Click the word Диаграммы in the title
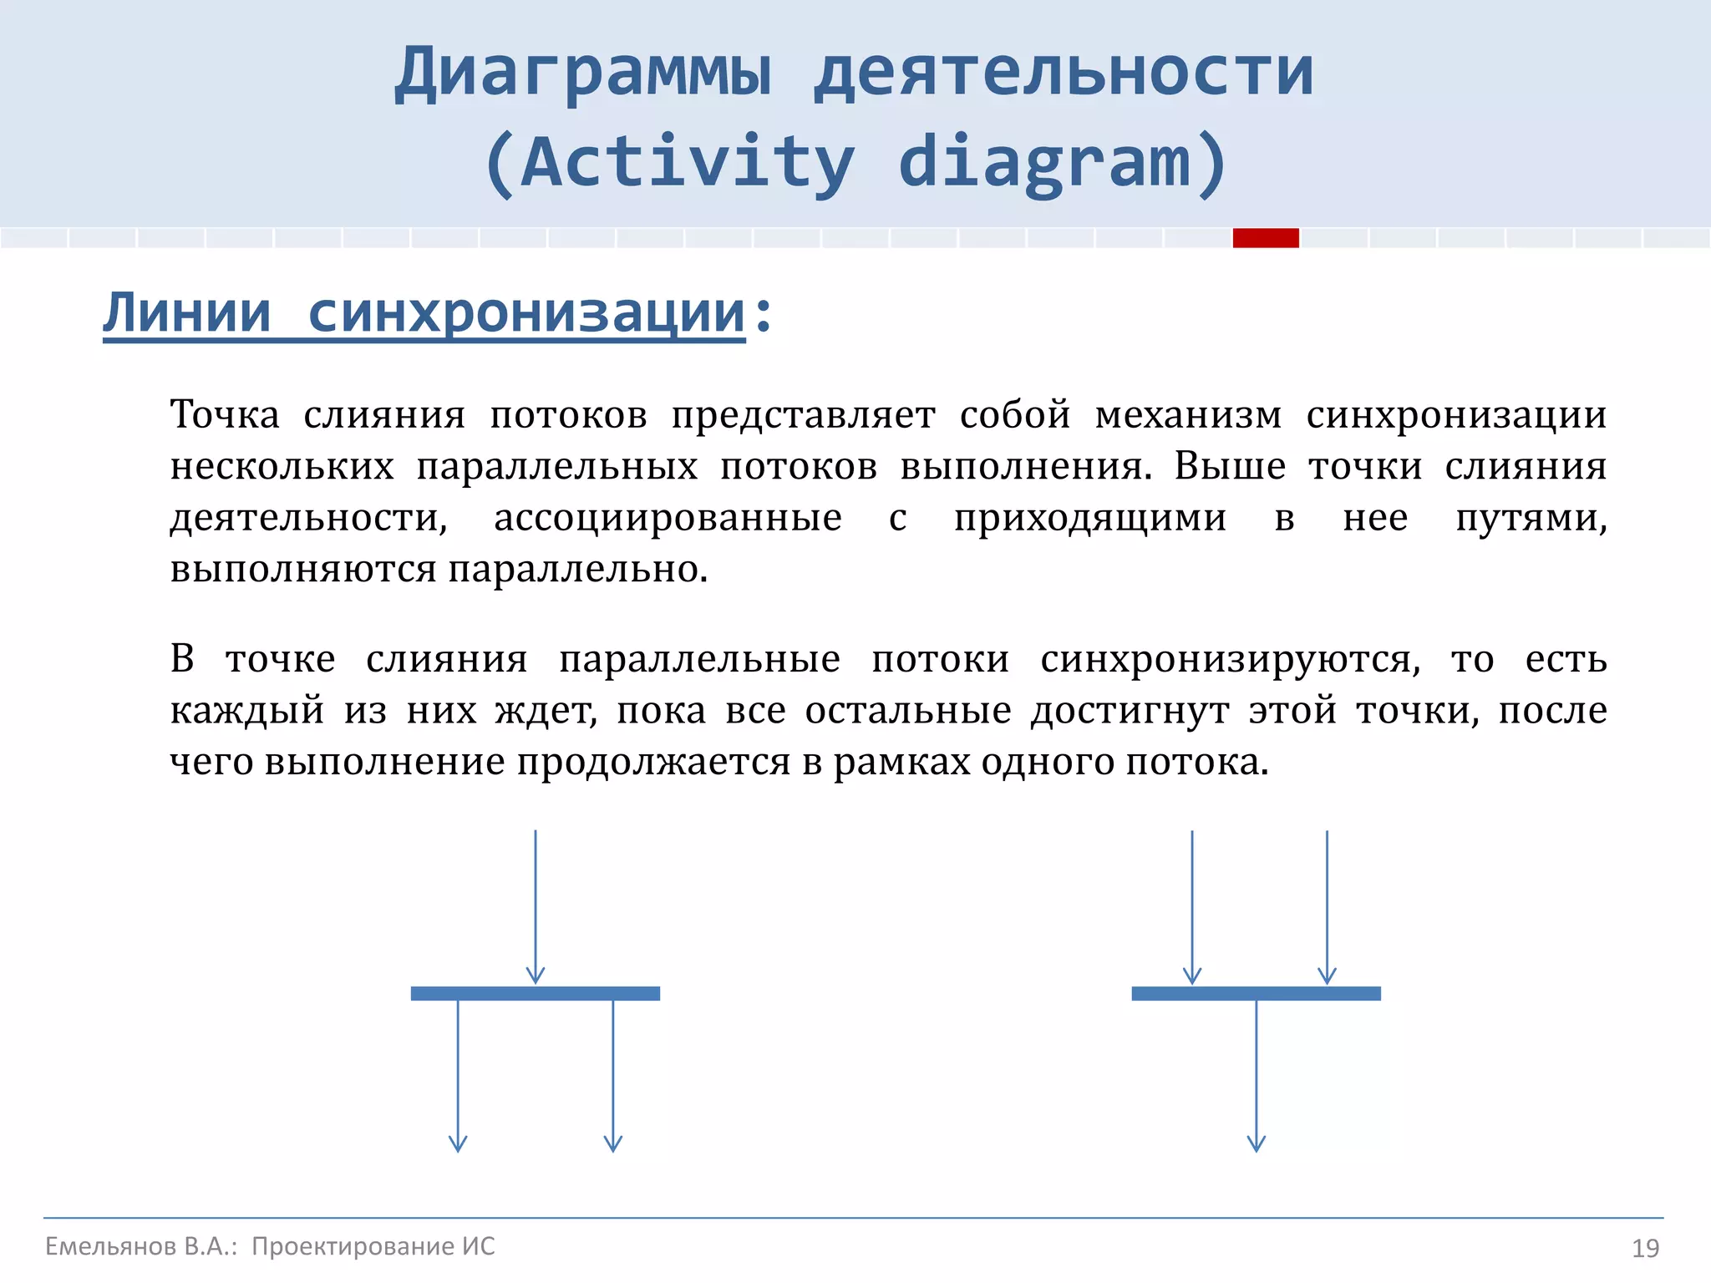click(x=582, y=74)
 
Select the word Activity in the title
click(x=687, y=162)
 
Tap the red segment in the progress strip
click(x=1266, y=238)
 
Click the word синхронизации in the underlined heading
click(x=525, y=313)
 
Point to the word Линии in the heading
click(x=187, y=313)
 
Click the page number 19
click(x=1645, y=1248)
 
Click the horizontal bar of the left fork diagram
click(x=535, y=993)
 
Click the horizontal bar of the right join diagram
click(x=1256, y=993)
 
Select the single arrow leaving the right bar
click(x=1257, y=1078)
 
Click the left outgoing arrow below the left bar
click(x=458, y=1078)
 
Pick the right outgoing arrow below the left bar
click(x=613, y=1078)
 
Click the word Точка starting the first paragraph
click(x=225, y=415)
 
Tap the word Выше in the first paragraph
click(x=1230, y=466)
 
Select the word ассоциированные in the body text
click(x=668, y=518)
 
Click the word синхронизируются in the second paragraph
click(x=1230, y=660)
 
